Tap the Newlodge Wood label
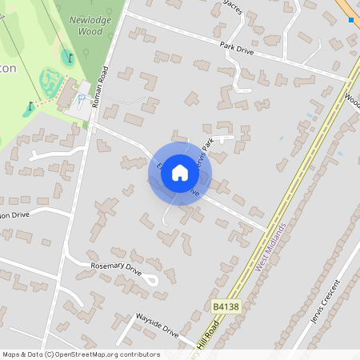click(x=85, y=26)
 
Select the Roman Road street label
click(x=99, y=87)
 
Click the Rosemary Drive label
click(x=115, y=268)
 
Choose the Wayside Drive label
click(x=157, y=329)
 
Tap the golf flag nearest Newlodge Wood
click(x=70, y=57)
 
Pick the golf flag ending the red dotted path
click(x=31, y=105)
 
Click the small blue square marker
click(x=350, y=20)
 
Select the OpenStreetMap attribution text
click(x=80, y=354)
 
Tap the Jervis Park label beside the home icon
click(x=206, y=150)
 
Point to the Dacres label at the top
click(x=233, y=7)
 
